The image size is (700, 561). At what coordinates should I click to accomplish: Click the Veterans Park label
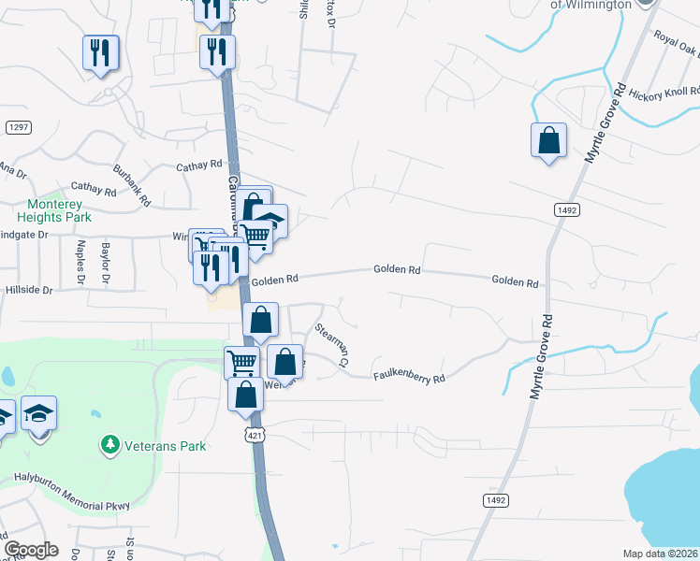[168, 446]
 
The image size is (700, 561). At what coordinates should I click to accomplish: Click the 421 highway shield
[255, 435]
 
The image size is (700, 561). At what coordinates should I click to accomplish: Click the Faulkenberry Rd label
[409, 378]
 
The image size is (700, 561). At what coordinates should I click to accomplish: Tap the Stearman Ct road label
[332, 344]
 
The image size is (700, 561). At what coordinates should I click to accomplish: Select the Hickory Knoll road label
[664, 93]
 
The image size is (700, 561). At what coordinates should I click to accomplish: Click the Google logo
[31, 550]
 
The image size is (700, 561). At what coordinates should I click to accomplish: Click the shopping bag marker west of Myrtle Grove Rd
[548, 141]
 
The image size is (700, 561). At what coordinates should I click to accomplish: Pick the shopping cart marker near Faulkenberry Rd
[242, 361]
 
